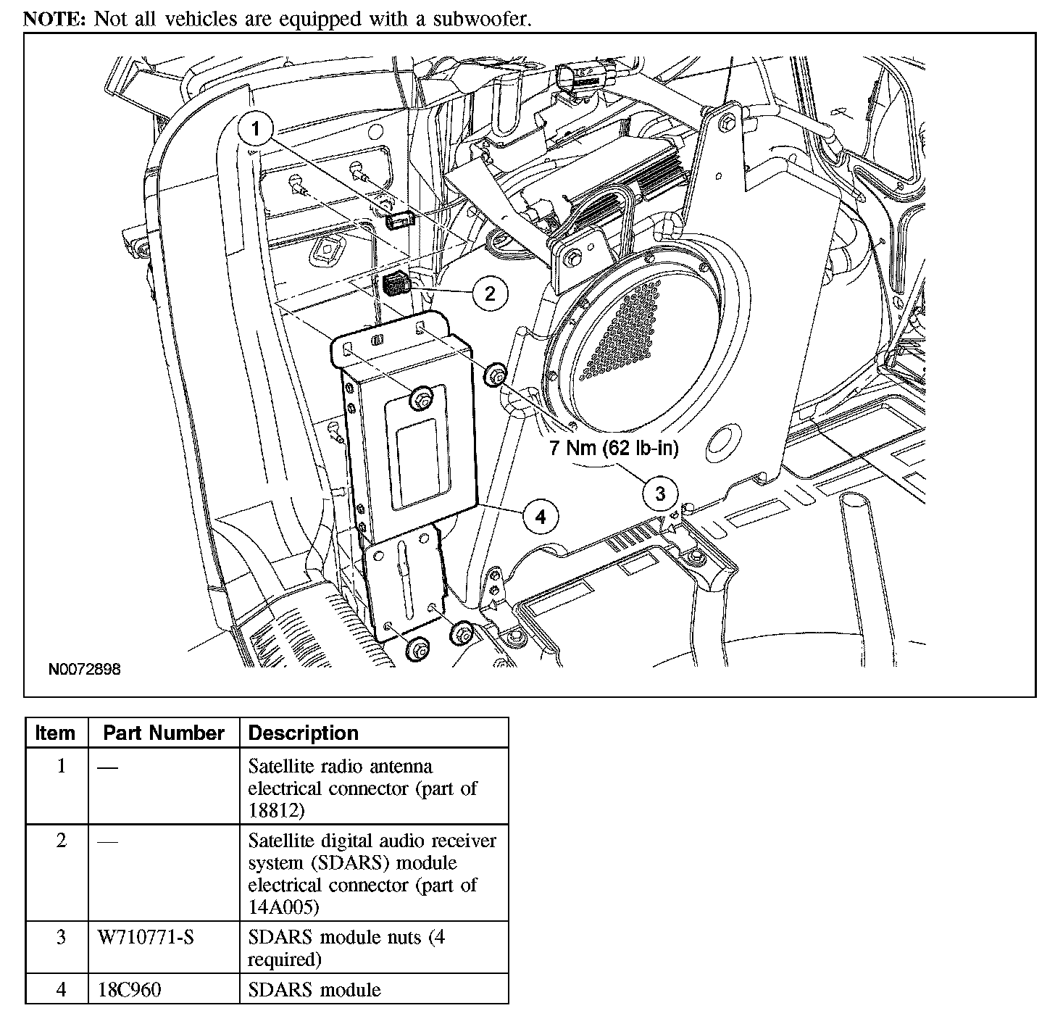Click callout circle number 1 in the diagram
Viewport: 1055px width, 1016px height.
click(255, 130)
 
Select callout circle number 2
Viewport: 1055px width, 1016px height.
click(490, 293)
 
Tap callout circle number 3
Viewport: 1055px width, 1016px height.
click(659, 494)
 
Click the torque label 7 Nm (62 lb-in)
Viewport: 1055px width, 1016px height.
click(614, 449)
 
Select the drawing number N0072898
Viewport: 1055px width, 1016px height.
click(85, 669)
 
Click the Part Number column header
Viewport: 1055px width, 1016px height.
click(163, 733)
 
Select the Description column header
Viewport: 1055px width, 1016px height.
click(303, 733)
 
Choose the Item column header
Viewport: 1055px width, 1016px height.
click(55, 733)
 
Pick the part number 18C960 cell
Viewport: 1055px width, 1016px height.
click(130, 989)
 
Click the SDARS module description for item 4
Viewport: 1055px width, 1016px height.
click(314, 989)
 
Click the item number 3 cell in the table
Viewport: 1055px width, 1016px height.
click(61, 938)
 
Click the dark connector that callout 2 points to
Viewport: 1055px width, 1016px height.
click(396, 283)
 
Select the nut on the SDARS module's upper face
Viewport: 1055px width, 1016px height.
click(422, 397)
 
